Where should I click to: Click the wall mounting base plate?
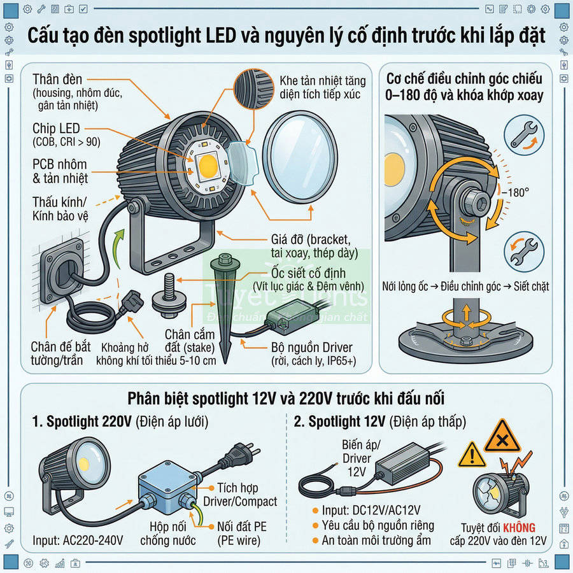(x=60, y=274)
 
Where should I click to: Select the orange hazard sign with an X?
(x=502, y=438)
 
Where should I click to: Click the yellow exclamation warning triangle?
(x=472, y=455)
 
